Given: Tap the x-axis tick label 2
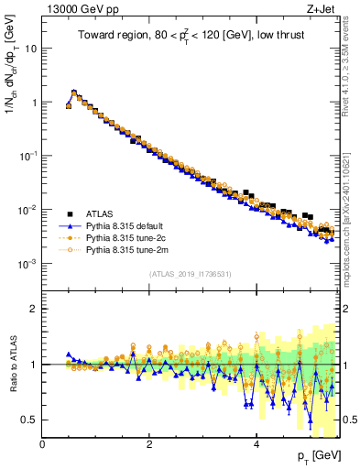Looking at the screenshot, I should pyautogui.click(x=149, y=444).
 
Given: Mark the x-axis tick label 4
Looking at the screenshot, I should pyautogui.click(x=256, y=444).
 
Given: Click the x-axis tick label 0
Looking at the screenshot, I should pyautogui.click(x=43, y=444).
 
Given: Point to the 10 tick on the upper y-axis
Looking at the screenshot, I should pyautogui.click(x=29, y=49).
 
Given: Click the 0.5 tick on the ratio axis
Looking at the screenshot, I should pyautogui.click(x=29, y=420).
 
